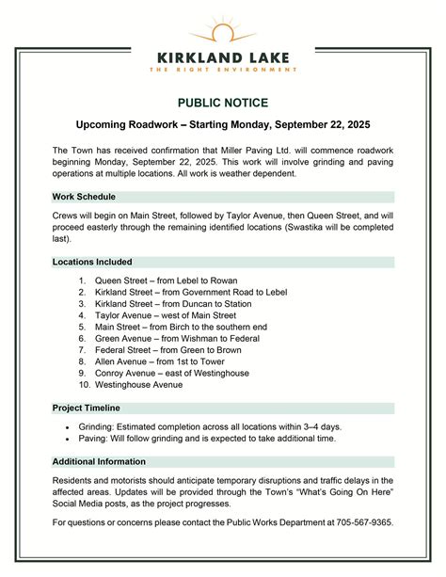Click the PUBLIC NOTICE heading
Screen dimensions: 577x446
point(223,103)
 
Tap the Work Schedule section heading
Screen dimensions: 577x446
point(85,197)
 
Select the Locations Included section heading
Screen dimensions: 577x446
point(92,262)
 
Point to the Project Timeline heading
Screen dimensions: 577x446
point(87,408)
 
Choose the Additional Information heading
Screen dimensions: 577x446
point(99,461)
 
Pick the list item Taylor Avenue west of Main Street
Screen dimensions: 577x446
point(166,315)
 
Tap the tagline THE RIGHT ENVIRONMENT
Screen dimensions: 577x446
point(223,69)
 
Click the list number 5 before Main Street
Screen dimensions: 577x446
point(83,327)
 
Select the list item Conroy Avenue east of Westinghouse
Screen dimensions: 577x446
point(172,373)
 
